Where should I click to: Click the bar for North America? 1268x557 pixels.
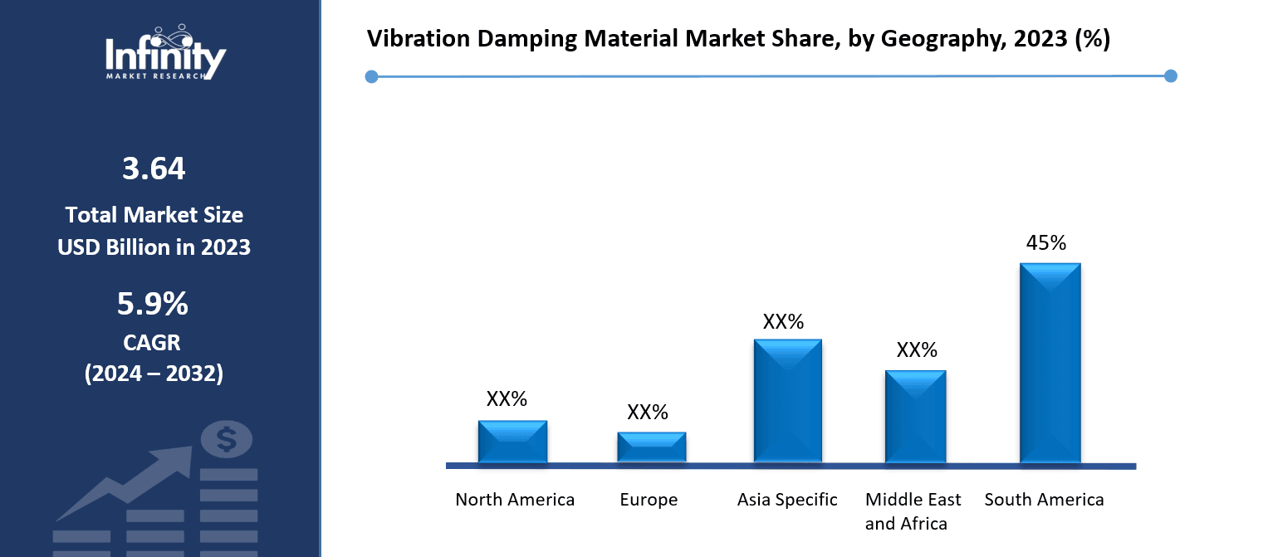point(512,442)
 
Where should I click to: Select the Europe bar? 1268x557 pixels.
point(651,447)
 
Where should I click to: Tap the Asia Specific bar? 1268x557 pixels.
point(787,401)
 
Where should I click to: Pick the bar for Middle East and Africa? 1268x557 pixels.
point(915,417)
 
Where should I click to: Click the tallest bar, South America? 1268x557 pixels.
point(1050,363)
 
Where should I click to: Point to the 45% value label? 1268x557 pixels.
point(1046,243)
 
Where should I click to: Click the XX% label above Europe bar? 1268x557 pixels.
point(648,413)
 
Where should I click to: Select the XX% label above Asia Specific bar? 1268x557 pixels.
point(783,322)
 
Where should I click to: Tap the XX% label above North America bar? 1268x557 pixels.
point(507,398)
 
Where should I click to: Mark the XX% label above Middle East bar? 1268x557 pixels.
point(917,350)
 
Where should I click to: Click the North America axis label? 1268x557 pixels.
point(515,500)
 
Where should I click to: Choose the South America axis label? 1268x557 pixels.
point(1044,500)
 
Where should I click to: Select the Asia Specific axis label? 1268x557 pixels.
point(787,500)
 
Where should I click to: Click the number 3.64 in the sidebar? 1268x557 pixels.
point(154,169)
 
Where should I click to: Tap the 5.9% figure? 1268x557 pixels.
point(153,305)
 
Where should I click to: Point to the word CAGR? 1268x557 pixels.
point(154,342)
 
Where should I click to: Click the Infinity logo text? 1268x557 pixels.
point(165,56)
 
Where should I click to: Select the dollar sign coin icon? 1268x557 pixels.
point(227,439)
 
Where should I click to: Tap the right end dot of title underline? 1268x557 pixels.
point(1171,76)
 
